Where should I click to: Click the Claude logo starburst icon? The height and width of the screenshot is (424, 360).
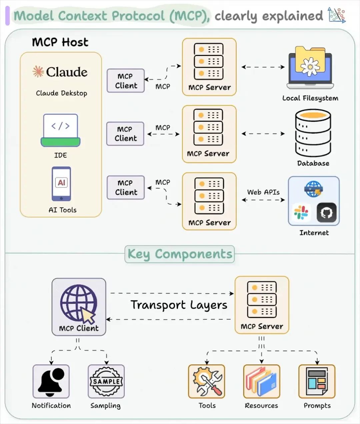(x=38, y=72)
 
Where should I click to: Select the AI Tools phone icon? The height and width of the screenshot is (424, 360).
(x=61, y=184)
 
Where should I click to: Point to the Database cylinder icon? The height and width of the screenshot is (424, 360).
(x=313, y=133)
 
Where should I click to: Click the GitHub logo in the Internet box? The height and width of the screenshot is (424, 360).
(x=326, y=212)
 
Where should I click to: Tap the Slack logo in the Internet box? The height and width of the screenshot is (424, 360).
(x=301, y=212)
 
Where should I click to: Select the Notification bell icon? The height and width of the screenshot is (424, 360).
(x=51, y=382)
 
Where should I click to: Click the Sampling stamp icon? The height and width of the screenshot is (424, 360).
(x=106, y=382)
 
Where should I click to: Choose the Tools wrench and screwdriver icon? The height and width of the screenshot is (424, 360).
(x=207, y=382)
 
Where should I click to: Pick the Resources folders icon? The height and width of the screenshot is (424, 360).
(x=261, y=382)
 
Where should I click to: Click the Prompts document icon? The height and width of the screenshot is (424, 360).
(x=317, y=382)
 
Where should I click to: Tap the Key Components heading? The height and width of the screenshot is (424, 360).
(x=180, y=254)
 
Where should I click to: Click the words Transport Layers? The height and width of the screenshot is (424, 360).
(x=179, y=305)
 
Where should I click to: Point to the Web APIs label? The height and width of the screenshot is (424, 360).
(x=263, y=192)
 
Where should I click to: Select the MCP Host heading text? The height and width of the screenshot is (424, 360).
(x=60, y=42)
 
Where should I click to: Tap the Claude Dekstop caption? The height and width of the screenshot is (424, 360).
(x=61, y=93)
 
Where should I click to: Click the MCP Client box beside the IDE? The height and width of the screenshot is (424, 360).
(x=125, y=134)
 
